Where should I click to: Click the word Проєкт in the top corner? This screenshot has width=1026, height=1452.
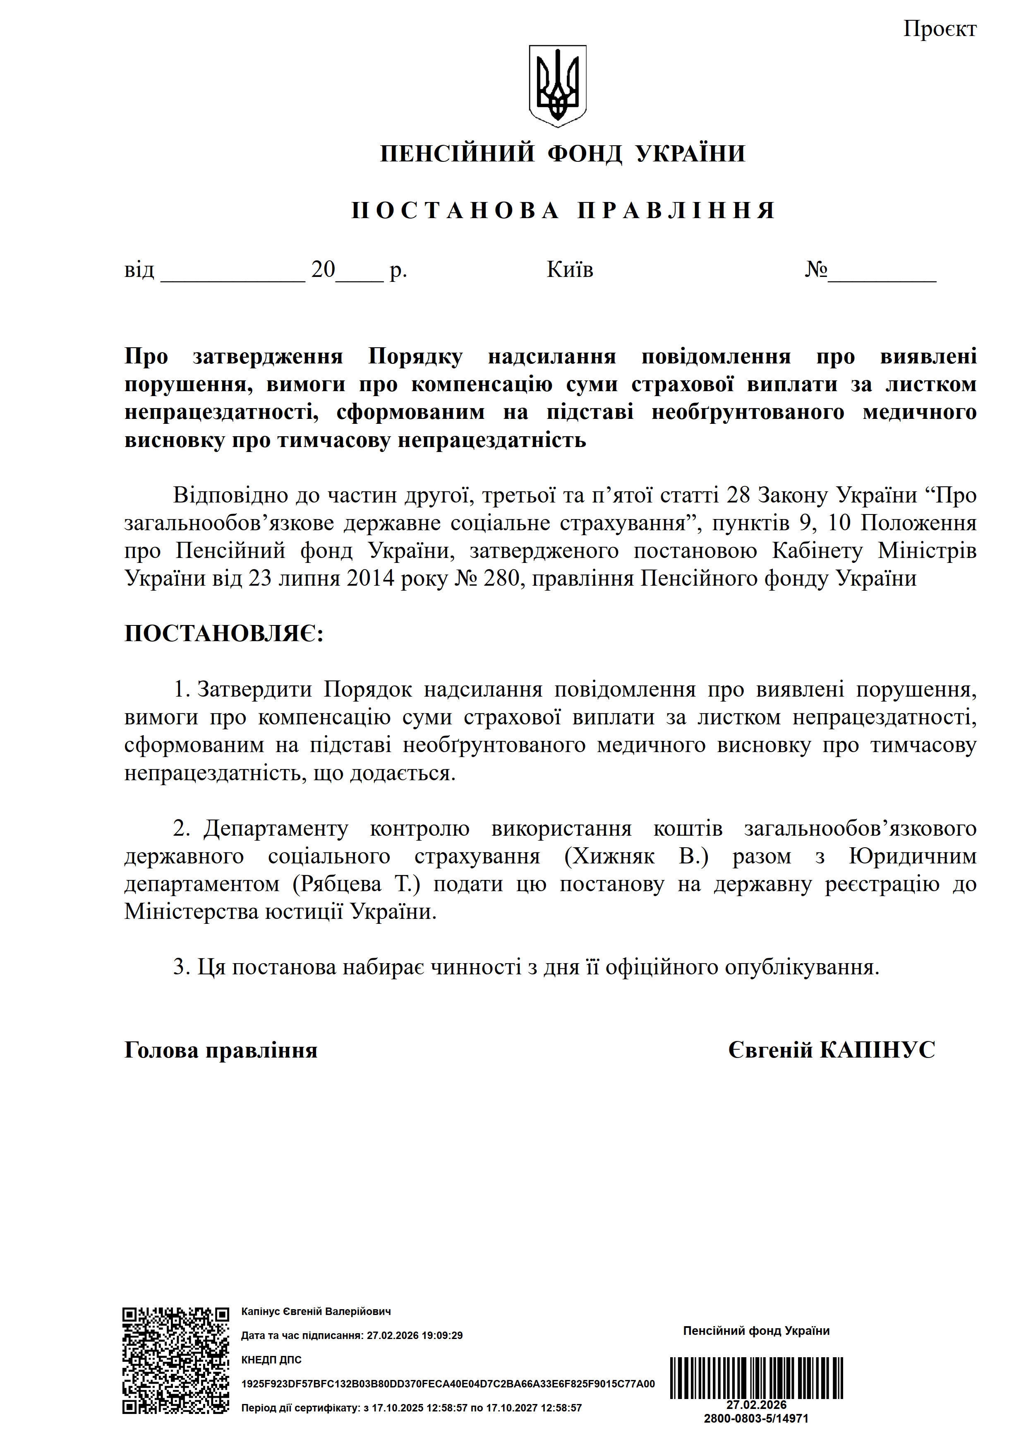(940, 29)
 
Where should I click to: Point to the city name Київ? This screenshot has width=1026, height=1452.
(570, 270)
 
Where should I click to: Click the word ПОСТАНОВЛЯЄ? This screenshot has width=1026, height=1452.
(224, 634)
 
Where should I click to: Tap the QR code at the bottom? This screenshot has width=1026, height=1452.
(176, 1360)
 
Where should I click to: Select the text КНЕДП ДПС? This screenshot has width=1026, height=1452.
(271, 1360)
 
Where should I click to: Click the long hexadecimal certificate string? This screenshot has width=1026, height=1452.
(448, 1384)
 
